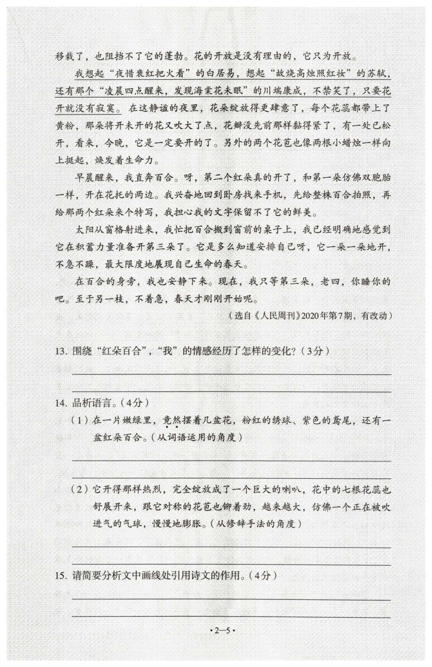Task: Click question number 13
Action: (x=60, y=352)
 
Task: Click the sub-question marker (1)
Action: (x=79, y=420)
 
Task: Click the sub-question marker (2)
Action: (x=79, y=490)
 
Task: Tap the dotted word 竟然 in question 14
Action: (x=171, y=420)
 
